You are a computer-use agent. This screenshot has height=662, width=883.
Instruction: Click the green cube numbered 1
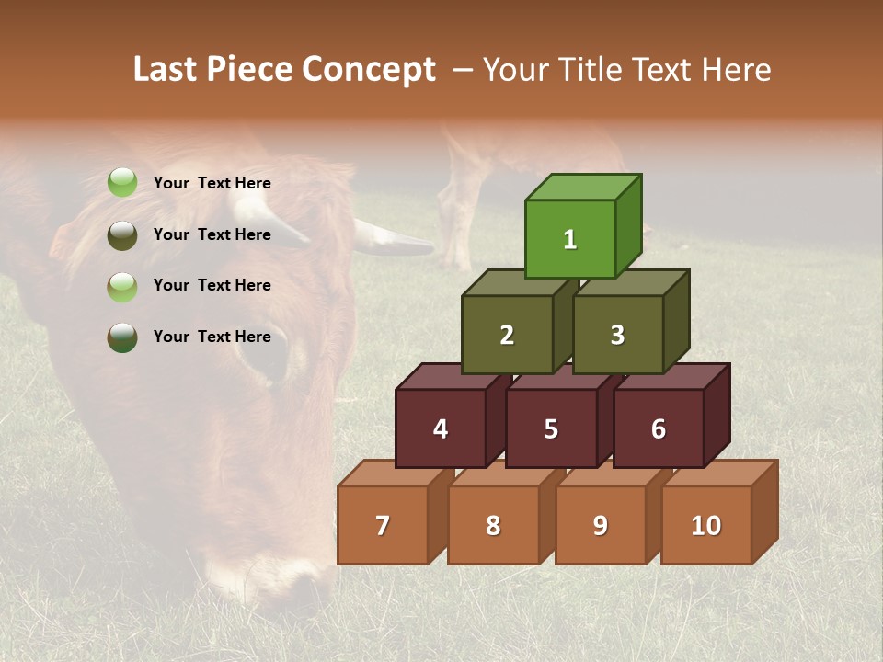coord(570,239)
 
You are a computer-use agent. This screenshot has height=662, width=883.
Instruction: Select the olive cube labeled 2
coord(507,335)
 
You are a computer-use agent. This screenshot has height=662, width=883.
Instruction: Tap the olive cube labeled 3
coord(617,335)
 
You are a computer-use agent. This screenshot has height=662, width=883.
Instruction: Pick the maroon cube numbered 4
coord(441,428)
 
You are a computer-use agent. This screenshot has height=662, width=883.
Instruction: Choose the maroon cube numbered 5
coord(551,428)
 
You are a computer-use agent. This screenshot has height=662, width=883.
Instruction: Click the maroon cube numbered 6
coord(659,428)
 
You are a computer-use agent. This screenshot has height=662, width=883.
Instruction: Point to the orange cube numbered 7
coord(383,525)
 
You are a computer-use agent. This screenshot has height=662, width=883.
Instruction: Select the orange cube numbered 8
coord(493,525)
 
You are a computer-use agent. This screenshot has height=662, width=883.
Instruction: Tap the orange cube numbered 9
coord(601,525)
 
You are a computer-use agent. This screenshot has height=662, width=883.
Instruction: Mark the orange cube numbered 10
coord(706,525)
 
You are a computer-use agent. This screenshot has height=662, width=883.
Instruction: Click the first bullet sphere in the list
coord(122,183)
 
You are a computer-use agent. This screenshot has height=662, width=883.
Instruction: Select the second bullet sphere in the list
coord(122,234)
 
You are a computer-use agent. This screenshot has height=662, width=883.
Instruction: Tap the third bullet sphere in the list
coord(122,286)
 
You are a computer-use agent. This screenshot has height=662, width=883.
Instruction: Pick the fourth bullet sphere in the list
coord(122,337)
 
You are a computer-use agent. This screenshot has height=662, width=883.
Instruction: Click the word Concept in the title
coord(369,70)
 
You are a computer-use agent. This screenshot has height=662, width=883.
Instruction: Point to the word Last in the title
coord(168,70)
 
